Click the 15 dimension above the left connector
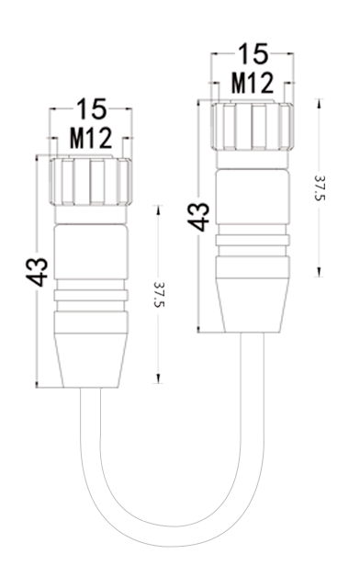click(x=92, y=108)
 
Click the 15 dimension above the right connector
click(x=253, y=53)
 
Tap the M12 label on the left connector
click(x=91, y=138)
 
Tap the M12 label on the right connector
click(x=253, y=83)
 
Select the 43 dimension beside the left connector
click(x=37, y=272)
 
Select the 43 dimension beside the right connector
click(x=198, y=217)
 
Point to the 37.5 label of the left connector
click(x=159, y=294)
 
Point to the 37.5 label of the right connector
click(x=320, y=187)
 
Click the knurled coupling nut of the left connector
click(x=91, y=182)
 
